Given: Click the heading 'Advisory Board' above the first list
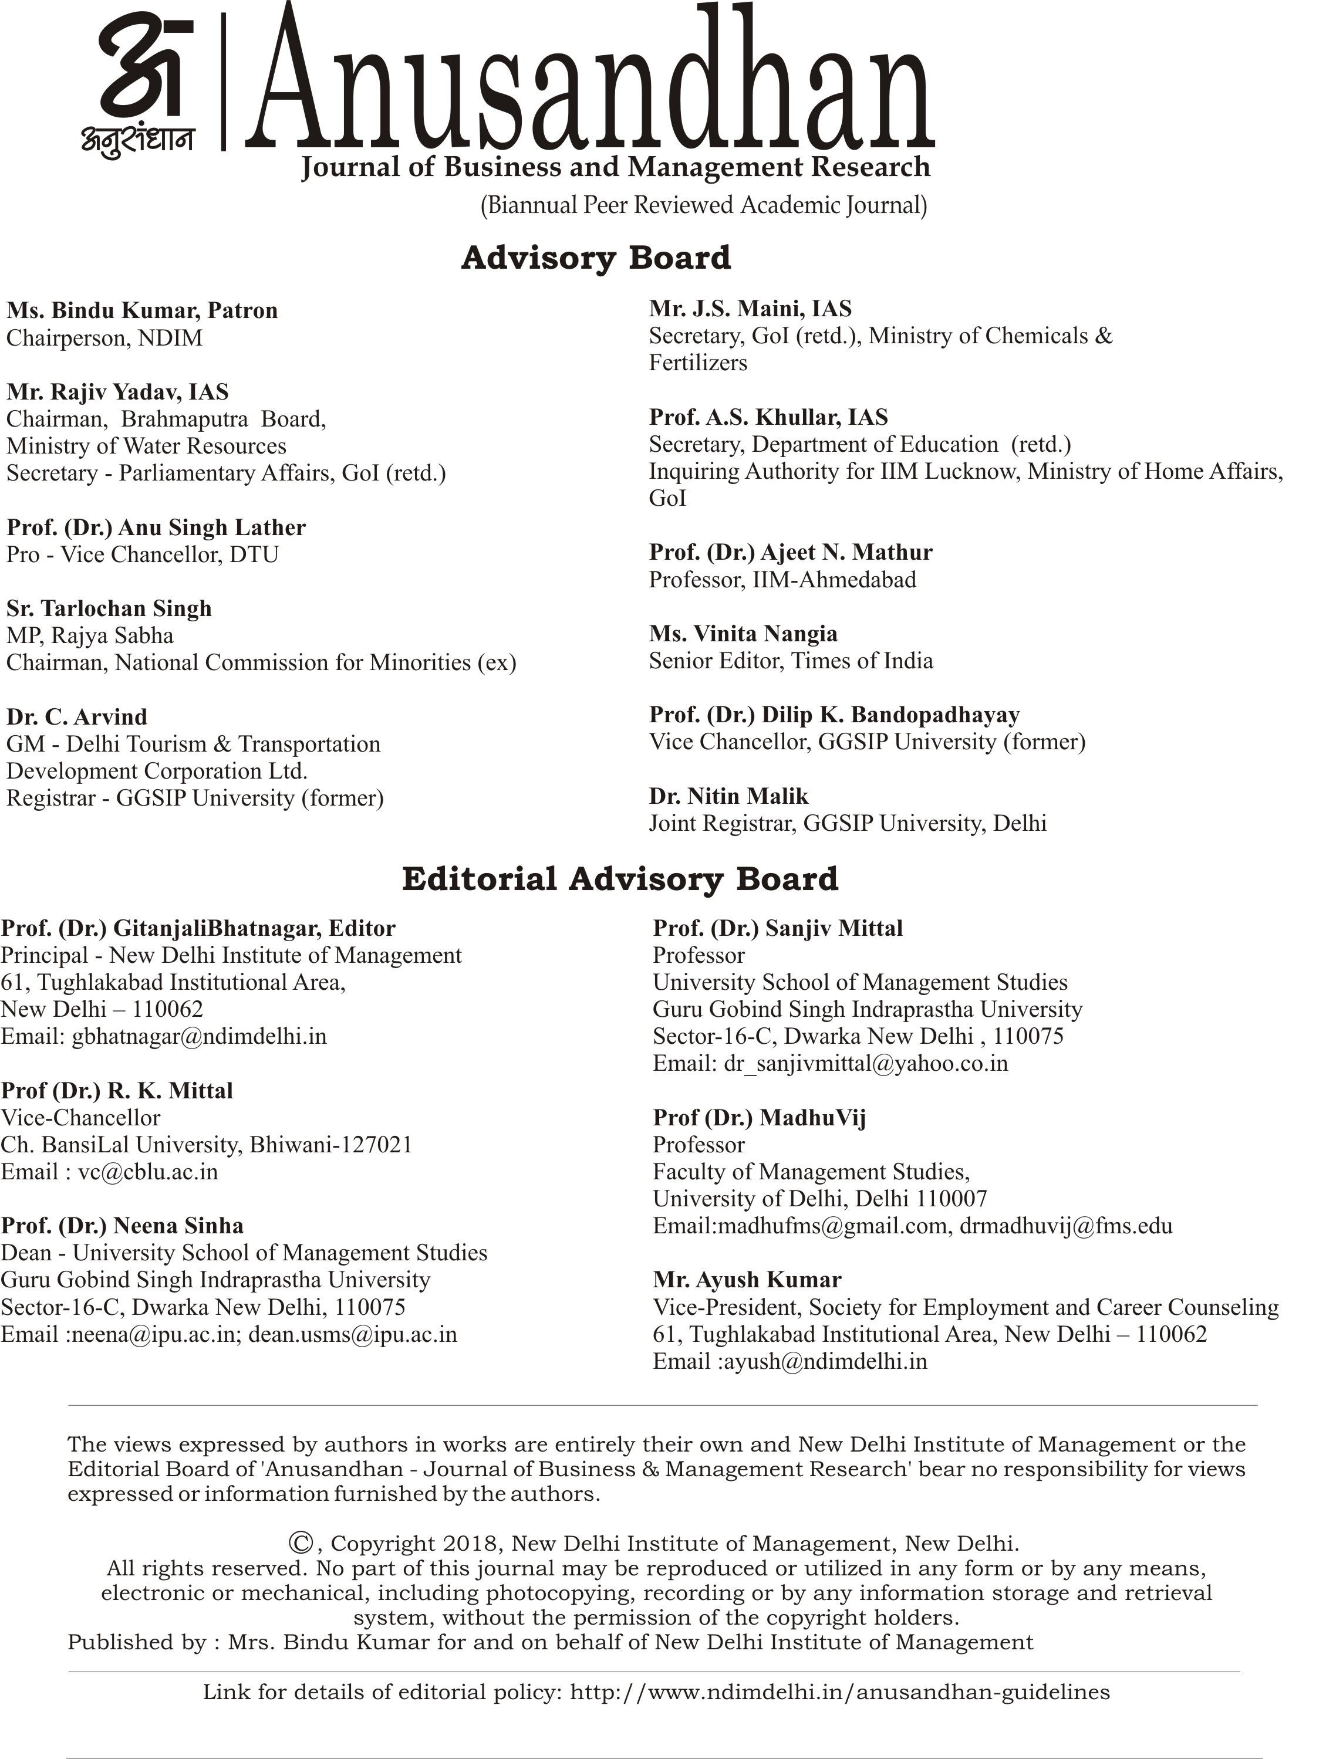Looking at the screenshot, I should [x=596, y=258].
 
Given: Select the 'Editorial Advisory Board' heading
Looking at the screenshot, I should [x=620, y=879].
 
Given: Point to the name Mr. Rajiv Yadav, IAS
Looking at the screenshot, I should [x=118, y=392].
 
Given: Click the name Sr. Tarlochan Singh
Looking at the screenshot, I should [x=109, y=608].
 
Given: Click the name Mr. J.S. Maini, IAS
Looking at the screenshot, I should [x=750, y=309].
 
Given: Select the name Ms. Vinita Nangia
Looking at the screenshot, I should [x=743, y=634].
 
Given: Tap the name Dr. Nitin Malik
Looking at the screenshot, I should [x=728, y=796].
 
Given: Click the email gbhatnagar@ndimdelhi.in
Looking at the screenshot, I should [x=199, y=1036].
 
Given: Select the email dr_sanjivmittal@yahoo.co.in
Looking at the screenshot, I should [x=865, y=1063].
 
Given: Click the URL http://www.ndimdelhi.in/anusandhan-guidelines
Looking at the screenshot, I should [x=840, y=1692].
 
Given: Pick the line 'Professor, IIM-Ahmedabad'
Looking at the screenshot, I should [x=782, y=580].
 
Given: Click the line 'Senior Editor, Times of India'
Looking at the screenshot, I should [x=791, y=661].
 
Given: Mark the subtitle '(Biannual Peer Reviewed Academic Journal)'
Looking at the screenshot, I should [x=703, y=206].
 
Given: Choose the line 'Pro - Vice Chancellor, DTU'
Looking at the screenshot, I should [x=143, y=554].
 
